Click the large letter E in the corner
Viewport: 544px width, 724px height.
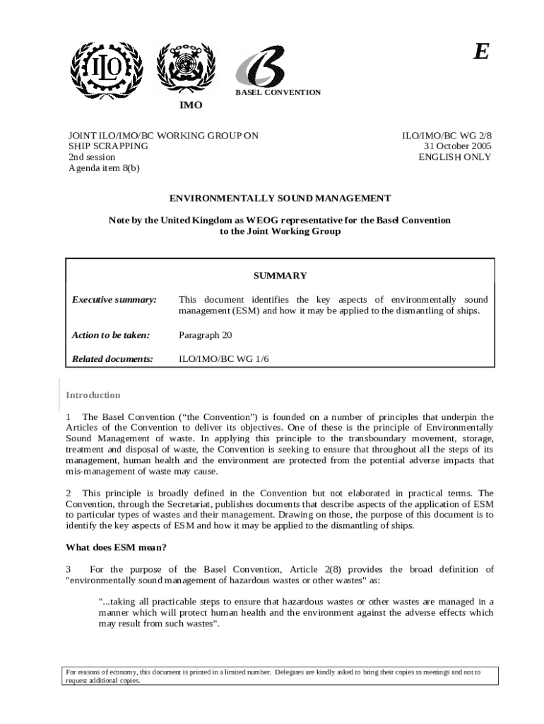(x=480, y=52)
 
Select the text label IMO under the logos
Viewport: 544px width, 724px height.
(x=190, y=105)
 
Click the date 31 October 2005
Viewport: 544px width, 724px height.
(x=457, y=146)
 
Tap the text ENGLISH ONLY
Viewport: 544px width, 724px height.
(x=455, y=157)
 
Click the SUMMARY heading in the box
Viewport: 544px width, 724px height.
(x=280, y=276)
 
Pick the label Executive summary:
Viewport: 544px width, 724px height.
(x=114, y=300)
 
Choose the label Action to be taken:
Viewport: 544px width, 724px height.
(x=111, y=335)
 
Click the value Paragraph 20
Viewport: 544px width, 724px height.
(x=205, y=335)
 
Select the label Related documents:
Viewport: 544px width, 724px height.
(x=113, y=359)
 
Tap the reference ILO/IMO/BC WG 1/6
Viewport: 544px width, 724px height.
(x=224, y=359)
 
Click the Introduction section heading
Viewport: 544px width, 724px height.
(x=93, y=395)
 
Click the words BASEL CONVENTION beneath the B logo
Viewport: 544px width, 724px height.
(x=278, y=93)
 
